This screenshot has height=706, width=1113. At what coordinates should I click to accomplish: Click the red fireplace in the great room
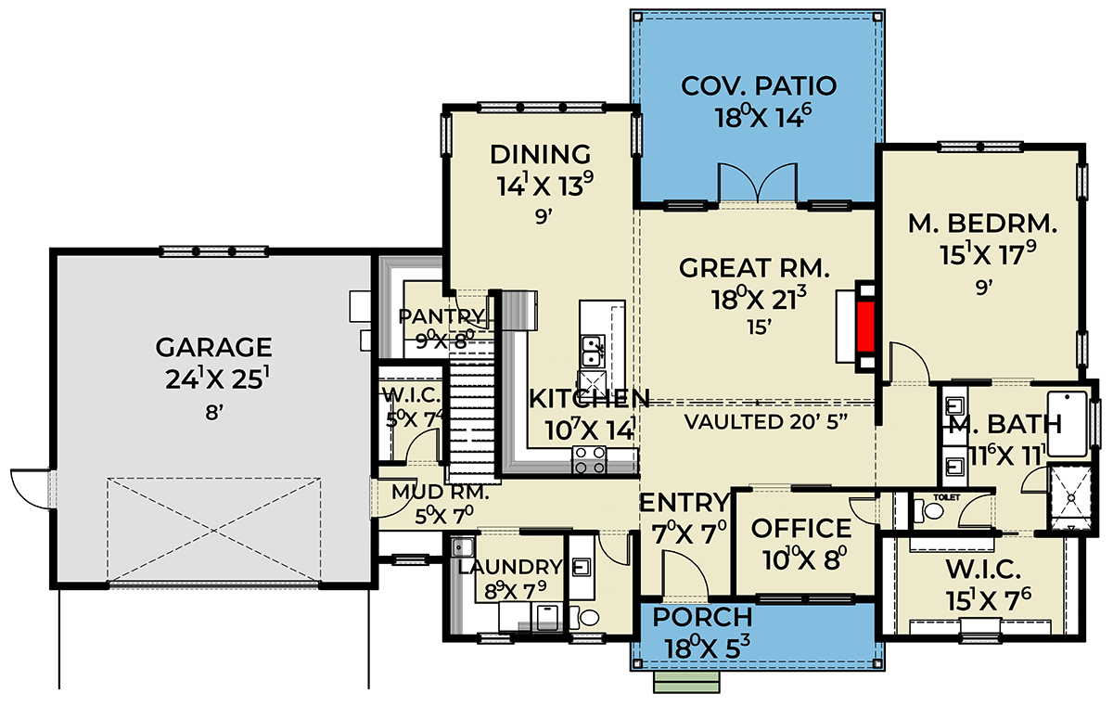tap(866, 326)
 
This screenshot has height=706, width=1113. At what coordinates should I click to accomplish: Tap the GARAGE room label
tap(213, 347)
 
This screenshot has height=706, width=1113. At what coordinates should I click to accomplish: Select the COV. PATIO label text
tap(759, 86)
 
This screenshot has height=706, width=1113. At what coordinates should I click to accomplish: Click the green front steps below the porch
tap(675, 684)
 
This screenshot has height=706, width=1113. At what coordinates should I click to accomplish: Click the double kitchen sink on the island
tap(591, 351)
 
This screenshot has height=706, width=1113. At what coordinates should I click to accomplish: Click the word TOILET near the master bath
tap(944, 497)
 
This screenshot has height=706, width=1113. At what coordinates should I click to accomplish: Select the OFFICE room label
tap(801, 529)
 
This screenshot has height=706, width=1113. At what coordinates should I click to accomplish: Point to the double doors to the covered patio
tap(759, 183)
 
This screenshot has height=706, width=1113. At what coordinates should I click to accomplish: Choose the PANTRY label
tap(441, 315)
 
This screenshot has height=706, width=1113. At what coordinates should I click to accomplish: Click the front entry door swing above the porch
tap(684, 575)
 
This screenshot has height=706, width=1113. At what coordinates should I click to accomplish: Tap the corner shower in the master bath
tap(1069, 498)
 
